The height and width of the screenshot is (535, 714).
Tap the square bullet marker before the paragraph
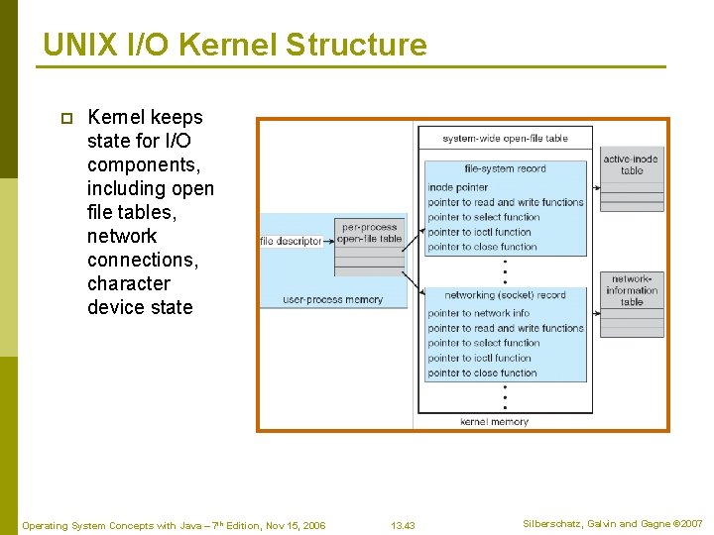66,118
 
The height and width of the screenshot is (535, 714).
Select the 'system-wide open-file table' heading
505,138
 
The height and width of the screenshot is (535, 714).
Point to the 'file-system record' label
505,168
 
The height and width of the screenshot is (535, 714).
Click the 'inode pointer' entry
457,187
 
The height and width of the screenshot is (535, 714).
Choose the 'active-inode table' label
632,164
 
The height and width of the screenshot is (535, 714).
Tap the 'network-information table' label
632,290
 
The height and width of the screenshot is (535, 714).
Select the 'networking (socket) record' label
505,295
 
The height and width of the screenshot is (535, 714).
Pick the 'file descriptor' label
291,241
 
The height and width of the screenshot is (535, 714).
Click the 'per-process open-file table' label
369,233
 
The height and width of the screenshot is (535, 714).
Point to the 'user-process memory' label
332,299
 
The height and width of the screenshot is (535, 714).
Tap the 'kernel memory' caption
494,421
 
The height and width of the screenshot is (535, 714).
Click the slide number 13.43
403,525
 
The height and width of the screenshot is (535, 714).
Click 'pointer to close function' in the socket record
482,374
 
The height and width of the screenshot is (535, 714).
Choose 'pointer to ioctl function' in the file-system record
479,232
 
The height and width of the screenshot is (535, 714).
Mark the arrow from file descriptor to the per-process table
328,241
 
